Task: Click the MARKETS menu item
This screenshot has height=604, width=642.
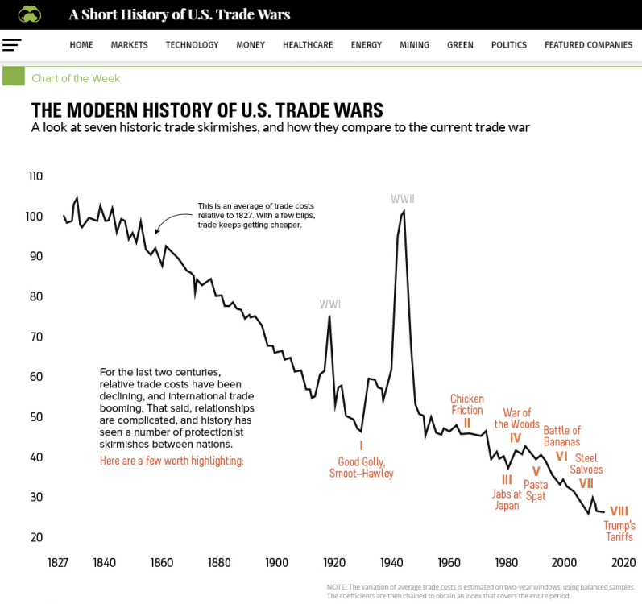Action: (x=129, y=45)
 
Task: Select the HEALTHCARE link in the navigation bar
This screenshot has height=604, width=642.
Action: (x=308, y=45)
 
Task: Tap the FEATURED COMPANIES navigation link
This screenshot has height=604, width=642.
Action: (x=588, y=45)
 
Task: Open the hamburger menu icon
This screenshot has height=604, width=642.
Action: (x=12, y=45)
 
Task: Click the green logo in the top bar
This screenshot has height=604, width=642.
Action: (x=30, y=14)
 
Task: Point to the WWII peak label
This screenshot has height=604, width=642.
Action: (x=402, y=199)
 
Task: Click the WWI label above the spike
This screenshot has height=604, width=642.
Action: (x=330, y=304)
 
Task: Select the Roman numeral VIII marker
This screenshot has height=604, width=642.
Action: (x=619, y=511)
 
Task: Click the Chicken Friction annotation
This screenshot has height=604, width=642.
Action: (x=467, y=404)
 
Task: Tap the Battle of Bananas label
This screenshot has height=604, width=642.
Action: (x=561, y=436)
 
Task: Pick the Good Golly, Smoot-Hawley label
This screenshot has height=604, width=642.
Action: (x=362, y=467)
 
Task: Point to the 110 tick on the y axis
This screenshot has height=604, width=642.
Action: (x=35, y=176)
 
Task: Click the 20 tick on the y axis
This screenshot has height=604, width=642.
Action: (x=35, y=537)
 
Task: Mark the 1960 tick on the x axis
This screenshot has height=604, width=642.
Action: (x=449, y=562)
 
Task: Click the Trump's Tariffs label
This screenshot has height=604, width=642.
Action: (x=619, y=531)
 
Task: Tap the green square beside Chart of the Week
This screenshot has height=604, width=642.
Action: (x=13, y=77)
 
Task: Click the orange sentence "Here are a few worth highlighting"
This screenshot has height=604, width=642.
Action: (x=172, y=461)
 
